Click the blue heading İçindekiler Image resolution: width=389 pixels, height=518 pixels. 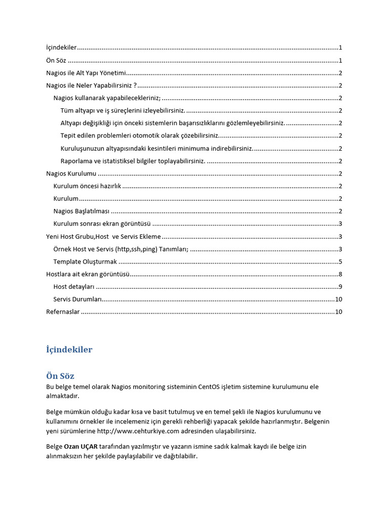pos(69,350)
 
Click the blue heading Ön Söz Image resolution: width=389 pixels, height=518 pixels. pos(60,376)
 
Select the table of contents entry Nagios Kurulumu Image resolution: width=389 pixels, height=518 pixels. pos(71,174)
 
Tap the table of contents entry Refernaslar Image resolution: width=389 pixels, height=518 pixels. pos(63,312)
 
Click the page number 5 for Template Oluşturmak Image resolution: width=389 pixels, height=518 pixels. pos(340,262)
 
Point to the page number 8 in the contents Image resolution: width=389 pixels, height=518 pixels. pos(340,274)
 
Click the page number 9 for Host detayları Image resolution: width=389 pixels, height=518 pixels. pos(340,287)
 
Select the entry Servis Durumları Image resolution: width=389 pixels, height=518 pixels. pos(77,299)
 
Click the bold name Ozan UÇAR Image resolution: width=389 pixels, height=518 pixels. pos(81,447)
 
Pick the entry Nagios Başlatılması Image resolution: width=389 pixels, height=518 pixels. pos(81,211)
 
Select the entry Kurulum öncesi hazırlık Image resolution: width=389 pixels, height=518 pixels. pos(87,186)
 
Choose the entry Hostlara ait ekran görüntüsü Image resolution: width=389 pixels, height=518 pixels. pos(88,274)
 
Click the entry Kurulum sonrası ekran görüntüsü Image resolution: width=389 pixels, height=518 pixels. pos(102,224)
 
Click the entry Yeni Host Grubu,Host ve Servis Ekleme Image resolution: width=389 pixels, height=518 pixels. pos(103,236)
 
